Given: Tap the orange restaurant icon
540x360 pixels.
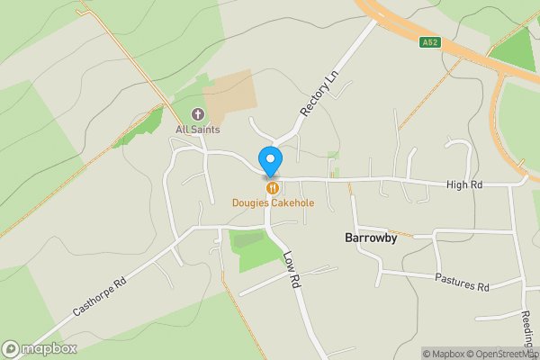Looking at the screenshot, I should pyautogui.click(x=272, y=188).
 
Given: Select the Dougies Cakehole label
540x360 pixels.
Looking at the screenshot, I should pyautogui.click(x=273, y=203).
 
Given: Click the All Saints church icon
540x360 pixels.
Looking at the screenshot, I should pyautogui.click(x=198, y=114).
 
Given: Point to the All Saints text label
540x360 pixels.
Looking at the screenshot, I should pyautogui.click(x=198, y=130).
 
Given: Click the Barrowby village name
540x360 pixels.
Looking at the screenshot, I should pyautogui.click(x=371, y=238).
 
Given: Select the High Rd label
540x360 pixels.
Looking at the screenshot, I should pyautogui.click(x=465, y=184).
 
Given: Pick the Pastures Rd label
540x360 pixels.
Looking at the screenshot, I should pyautogui.click(x=462, y=282).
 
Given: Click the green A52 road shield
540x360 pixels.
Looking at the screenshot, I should pyautogui.click(x=430, y=41).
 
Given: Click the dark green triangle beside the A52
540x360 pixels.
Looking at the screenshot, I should pyautogui.click(x=515, y=50).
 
